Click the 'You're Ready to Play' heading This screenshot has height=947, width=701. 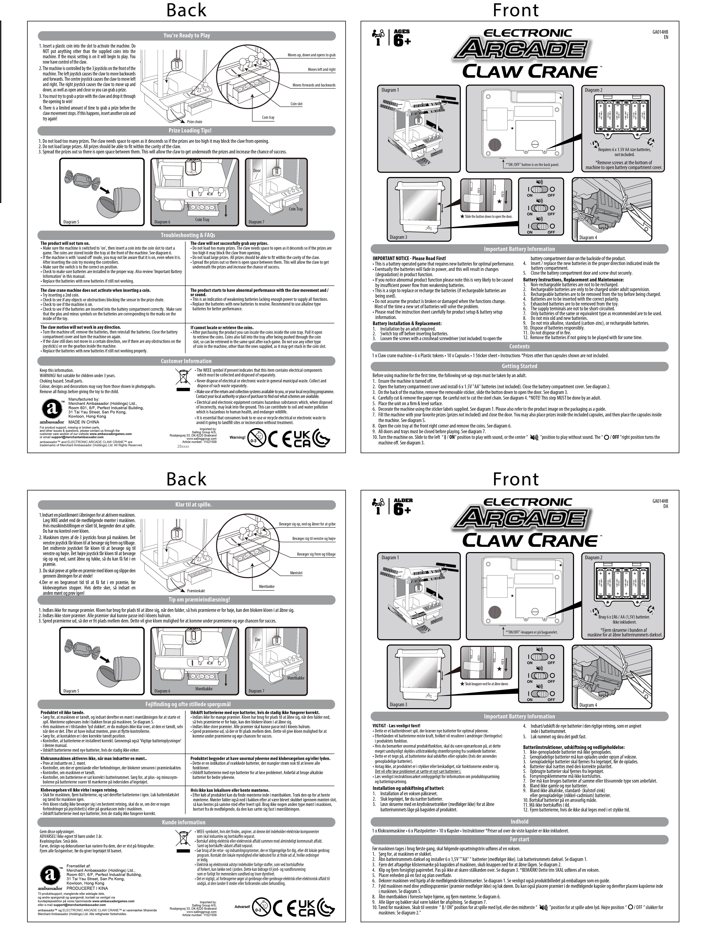187,36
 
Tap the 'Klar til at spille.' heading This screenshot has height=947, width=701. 187,504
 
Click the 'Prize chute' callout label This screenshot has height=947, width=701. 195,122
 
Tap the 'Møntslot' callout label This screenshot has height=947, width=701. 296,573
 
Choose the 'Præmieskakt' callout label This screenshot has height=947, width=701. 196,591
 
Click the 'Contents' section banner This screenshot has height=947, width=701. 519,346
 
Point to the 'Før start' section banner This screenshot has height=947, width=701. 519,839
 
